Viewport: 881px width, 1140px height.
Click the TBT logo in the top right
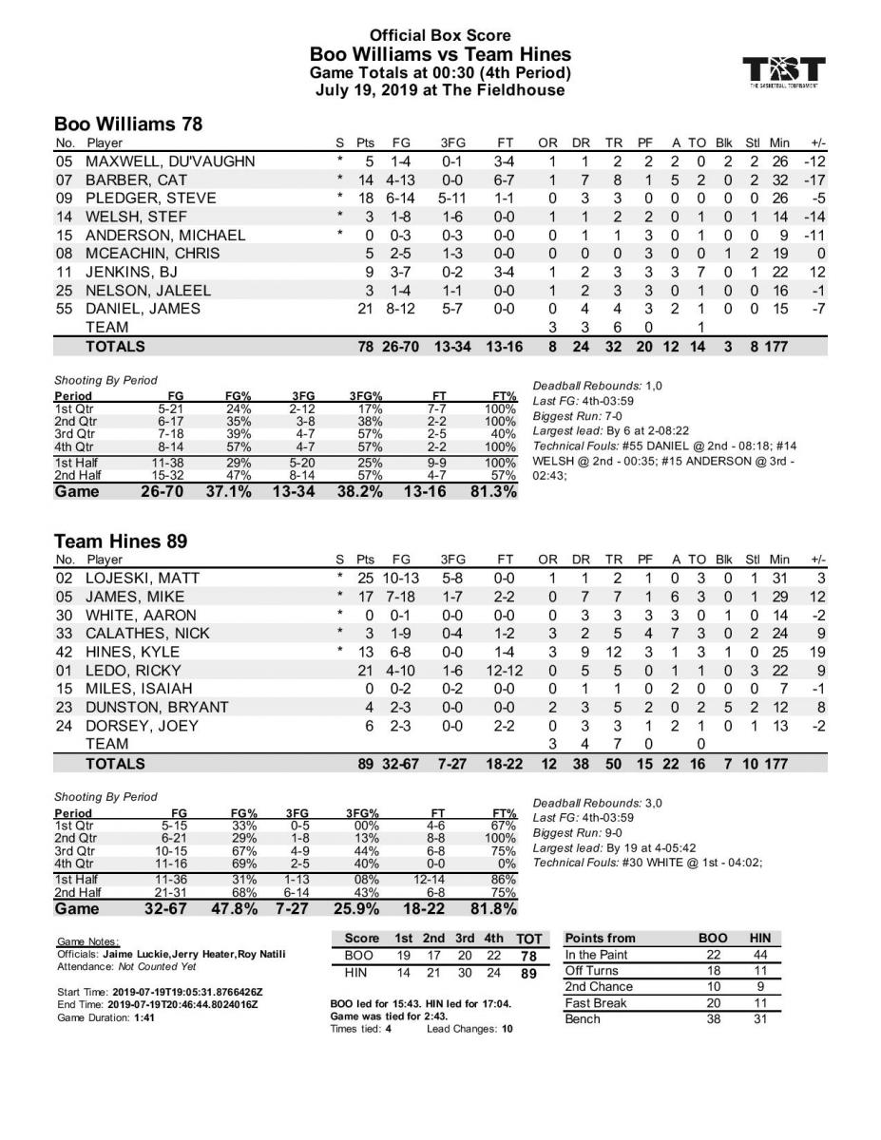(784, 70)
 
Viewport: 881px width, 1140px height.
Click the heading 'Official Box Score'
(440, 35)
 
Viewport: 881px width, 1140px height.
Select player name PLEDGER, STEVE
(150, 198)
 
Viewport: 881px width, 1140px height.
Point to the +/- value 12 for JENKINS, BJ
(816, 272)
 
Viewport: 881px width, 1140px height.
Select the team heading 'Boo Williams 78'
(127, 123)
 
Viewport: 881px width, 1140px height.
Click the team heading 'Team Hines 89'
(120, 541)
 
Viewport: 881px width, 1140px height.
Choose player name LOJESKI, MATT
(143, 579)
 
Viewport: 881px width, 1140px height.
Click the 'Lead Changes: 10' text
(469, 1029)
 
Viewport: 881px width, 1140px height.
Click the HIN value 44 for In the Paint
(760, 955)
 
